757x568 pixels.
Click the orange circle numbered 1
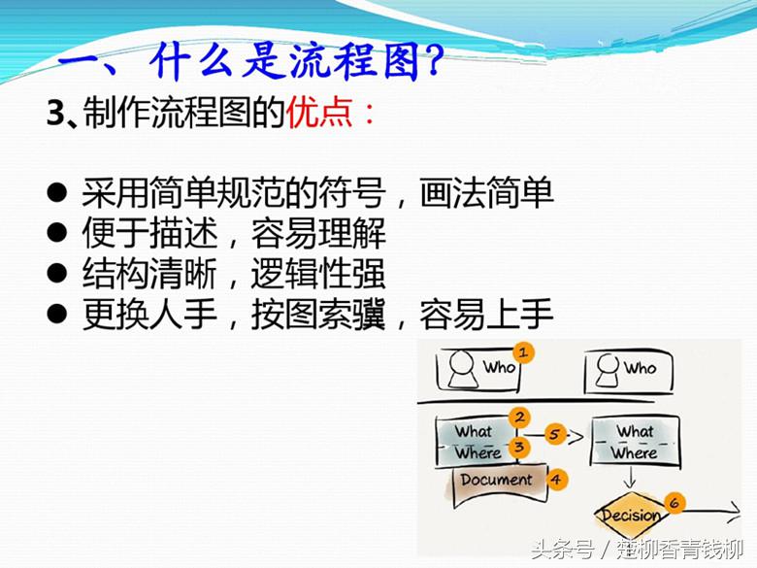(x=524, y=351)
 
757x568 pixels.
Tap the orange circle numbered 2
(x=520, y=418)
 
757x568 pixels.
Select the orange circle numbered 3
(x=520, y=447)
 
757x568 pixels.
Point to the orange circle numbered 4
(x=556, y=479)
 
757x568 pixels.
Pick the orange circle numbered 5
(x=555, y=434)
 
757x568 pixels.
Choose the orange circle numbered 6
(x=674, y=503)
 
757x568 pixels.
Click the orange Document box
(x=496, y=481)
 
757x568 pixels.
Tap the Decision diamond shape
(x=632, y=516)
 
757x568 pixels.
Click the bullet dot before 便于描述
(x=57, y=234)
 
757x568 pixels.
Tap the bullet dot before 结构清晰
(x=57, y=274)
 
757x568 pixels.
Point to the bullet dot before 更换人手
(x=57, y=315)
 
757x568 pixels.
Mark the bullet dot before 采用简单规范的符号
(x=57, y=193)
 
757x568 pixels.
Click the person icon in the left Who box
(x=465, y=368)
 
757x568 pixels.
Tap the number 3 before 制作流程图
(x=54, y=116)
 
